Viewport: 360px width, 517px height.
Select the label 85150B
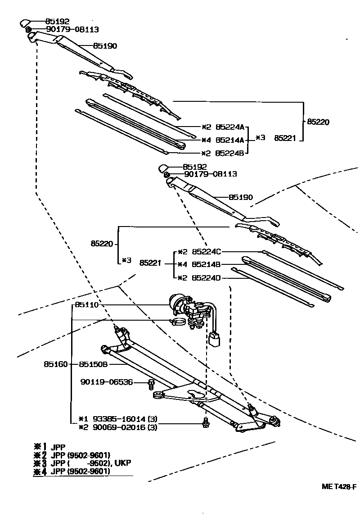coord(93,364)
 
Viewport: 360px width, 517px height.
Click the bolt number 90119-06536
coord(107,382)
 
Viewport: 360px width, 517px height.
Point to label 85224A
coord(229,127)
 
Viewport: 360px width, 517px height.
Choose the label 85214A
coord(229,140)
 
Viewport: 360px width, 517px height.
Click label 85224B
coord(229,153)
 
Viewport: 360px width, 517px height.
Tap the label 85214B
coord(206,264)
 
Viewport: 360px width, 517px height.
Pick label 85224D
coord(206,277)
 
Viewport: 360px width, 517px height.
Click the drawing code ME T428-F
coord(339,486)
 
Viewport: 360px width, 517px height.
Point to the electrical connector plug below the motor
coord(215,339)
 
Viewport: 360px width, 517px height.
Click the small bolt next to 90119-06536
coord(152,385)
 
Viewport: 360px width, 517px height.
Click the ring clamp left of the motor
coord(178,322)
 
